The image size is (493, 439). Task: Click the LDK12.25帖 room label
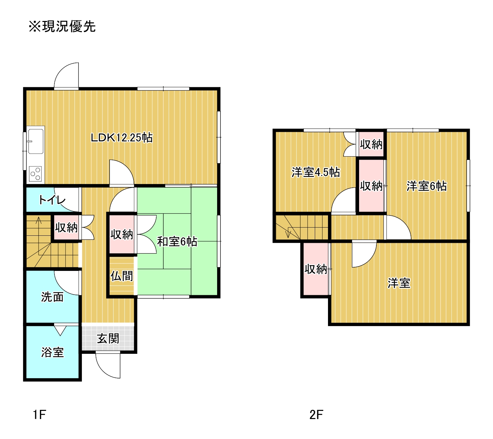[x=122, y=138]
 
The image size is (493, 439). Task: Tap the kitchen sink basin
[x=36, y=141]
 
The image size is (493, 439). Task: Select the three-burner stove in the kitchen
[x=35, y=174]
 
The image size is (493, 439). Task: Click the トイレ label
[x=52, y=200]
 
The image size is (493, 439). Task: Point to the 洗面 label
[x=52, y=297]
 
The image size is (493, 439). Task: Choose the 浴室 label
[x=52, y=352]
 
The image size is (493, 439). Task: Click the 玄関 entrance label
[x=108, y=339]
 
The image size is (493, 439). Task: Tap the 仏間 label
[x=122, y=276]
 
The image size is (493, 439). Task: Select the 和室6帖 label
[x=177, y=241]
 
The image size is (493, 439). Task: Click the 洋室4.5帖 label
[x=315, y=172]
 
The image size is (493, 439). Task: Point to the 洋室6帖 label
[x=427, y=186]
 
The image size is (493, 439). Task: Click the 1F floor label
[x=40, y=415]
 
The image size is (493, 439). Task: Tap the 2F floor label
[x=316, y=415]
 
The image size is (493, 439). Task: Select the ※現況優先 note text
[x=62, y=26]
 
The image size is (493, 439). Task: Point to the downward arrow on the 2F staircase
[x=288, y=233]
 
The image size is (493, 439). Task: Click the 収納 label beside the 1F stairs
[x=66, y=228]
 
